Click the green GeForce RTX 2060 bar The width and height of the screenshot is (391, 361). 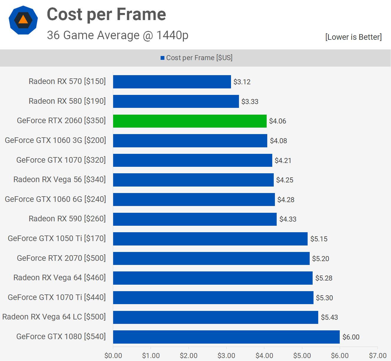(190, 121)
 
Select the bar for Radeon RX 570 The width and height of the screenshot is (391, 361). (172, 82)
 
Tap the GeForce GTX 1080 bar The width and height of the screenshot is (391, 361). (226, 337)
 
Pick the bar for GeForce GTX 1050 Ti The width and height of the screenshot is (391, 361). (210, 239)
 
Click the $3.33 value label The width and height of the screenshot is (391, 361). (250, 102)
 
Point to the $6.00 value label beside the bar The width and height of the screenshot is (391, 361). (351, 337)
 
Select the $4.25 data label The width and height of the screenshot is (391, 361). (285, 180)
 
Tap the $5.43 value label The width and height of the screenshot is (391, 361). (329, 317)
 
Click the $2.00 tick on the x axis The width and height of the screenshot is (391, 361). (189, 356)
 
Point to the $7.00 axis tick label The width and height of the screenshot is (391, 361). (378, 356)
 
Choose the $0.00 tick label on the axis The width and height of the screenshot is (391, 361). (113, 356)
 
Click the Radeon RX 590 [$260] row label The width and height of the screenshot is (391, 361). (67, 219)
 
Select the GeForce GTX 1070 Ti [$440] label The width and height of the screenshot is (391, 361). (57, 297)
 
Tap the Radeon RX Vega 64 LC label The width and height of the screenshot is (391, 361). (54, 317)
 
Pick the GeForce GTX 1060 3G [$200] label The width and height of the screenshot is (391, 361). (55, 140)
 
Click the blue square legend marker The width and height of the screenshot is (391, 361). (162, 58)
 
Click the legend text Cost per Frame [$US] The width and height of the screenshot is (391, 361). (199, 58)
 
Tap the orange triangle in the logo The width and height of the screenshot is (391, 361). (23, 20)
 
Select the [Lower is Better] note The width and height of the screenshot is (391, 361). (353, 37)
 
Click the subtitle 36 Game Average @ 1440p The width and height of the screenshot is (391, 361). (118, 35)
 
